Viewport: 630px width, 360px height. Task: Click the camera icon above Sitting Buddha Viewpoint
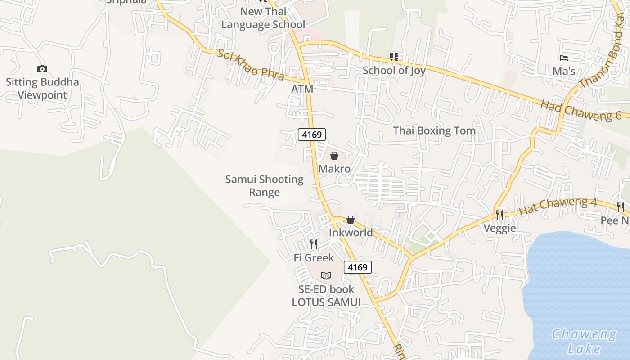(x=42, y=69)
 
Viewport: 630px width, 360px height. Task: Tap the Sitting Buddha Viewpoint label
(x=42, y=89)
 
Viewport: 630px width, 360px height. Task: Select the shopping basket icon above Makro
(x=334, y=156)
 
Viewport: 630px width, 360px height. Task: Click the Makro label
(x=334, y=169)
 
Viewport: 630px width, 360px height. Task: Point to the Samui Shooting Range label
(x=265, y=186)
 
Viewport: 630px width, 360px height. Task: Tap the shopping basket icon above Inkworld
(x=351, y=220)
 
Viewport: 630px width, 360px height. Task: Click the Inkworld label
(x=351, y=233)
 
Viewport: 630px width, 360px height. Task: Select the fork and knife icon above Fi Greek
(x=314, y=244)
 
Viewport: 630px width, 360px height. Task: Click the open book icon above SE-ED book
(x=326, y=275)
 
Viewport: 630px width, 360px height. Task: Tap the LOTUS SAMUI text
(x=326, y=302)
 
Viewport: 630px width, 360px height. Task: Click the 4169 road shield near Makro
(x=311, y=134)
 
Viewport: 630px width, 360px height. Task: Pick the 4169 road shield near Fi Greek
(x=358, y=267)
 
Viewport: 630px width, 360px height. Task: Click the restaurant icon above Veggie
(x=499, y=215)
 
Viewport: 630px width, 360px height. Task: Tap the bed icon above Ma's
(x=563, y=58)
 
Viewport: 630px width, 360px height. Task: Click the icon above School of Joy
(x=394, y=57)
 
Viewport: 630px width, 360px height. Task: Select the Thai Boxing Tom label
(x=434, y=130)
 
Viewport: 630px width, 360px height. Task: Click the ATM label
(x=302, y=89)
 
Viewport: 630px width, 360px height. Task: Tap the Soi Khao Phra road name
(x=250, y=65)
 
